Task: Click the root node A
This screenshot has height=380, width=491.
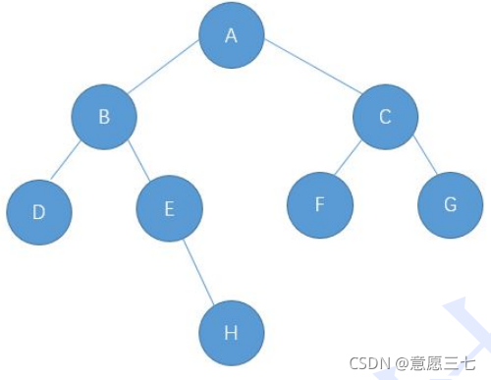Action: (x=232, y=35)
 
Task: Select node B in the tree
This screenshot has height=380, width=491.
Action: (x=104, y=117)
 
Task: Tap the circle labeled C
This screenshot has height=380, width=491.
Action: (x=385, y=117)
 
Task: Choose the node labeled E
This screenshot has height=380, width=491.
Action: (x=169, y=208)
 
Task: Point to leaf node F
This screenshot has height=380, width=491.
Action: (x=319, y=205)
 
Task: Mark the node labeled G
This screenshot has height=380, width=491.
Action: (x=450, y=205)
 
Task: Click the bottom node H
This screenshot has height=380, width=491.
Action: (x=231, y=332)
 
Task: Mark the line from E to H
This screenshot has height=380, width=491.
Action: (x=200, y=270)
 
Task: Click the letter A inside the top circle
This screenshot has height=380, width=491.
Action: (x=232, y=36)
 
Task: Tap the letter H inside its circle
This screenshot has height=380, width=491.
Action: (x=231, y=332)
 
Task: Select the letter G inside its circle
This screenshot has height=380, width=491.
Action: (x=450, y=205)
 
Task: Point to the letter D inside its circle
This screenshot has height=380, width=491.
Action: (x=39, y=210)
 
